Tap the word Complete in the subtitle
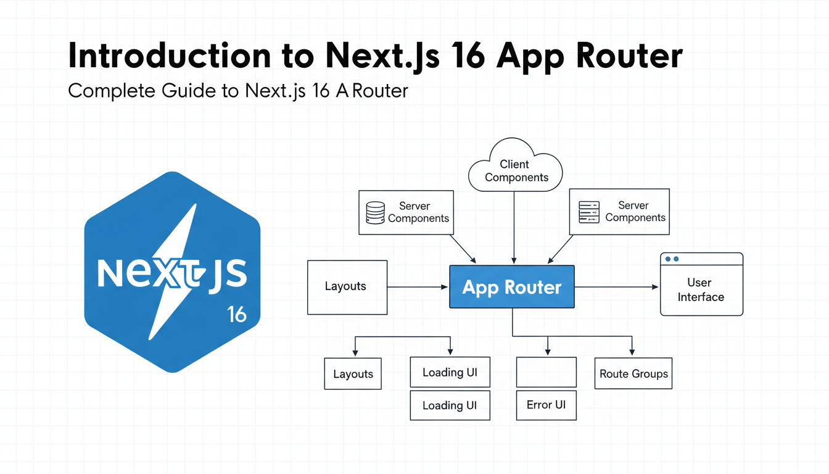pos(112,91)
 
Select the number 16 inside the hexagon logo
pos(236,314)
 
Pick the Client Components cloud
pos(515,165)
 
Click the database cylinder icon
pos(375,212)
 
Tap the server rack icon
pos(589,212)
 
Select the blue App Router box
pos(512,286)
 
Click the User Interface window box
pos(701,284)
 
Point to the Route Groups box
pos(633,373)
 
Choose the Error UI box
pos(546,405)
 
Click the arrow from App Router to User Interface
pos(617,287)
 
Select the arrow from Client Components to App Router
pos(514,227)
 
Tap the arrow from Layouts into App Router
pos(418,287)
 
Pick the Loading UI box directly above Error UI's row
pos(450,372)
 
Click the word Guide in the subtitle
pos(188,91)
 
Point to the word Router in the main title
pos(629,56)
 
